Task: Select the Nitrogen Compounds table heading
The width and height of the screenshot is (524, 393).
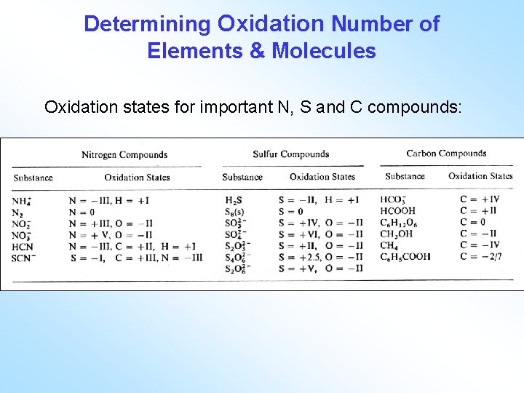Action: (x=124, y=154)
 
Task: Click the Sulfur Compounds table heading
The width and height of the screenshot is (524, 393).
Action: (x=291, y=154)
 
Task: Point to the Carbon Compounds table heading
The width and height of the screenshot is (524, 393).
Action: (x=446, y=153)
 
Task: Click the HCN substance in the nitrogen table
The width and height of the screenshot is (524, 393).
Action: (x=23, y=246)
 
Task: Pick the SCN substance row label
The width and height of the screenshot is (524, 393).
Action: (x=24, y=257)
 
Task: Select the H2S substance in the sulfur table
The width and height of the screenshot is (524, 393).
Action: (x=234, y=200)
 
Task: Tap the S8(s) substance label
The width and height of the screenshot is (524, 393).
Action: (x=236, y=211)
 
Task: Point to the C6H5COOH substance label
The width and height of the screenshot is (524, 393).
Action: (x=405, y=256)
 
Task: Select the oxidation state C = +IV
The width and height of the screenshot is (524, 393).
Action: (x=480, y=199)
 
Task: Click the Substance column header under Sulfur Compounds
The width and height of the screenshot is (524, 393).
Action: (x=242, y=176)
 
